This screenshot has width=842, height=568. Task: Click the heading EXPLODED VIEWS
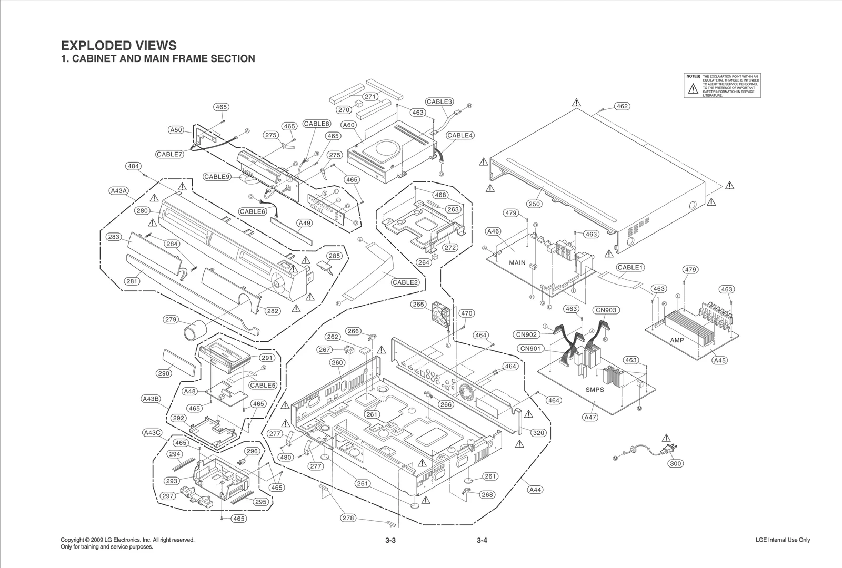(x=119, y=45)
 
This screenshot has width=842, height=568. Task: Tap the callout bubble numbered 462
(x=622, y=106)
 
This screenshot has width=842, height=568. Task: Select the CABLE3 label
(x=439, y=102)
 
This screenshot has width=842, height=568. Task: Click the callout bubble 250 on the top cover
(x=534, y=204)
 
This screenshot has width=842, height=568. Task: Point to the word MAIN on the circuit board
(x=517, y=262)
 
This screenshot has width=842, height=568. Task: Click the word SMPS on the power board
(x=595, y=390)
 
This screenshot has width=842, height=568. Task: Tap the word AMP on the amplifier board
(x=677, y=340)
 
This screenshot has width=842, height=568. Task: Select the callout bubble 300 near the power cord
(x=676, y=463)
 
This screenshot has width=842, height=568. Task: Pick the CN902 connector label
(x=526, y=334)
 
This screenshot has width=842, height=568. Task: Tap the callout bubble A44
(x=535, y=490)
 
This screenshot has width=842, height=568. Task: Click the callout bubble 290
(x=164, y=373)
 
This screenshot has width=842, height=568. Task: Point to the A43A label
(x=119, y=191)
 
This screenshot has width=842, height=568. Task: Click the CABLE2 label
(x=405, y=282)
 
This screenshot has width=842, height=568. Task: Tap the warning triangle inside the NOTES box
(x=693, y=89)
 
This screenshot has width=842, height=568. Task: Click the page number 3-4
(x=482, y=540)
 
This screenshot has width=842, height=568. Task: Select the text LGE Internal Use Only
(x=783, y=540)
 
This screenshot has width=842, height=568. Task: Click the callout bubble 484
(x=133, y=166)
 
